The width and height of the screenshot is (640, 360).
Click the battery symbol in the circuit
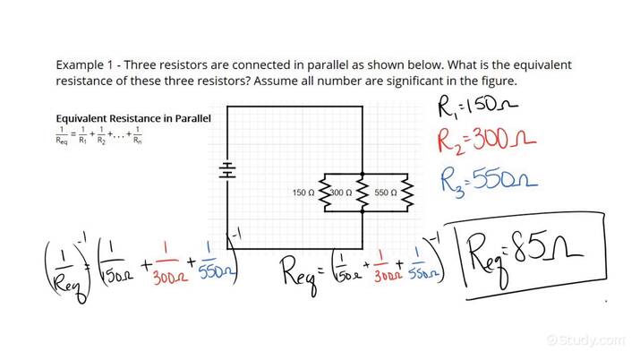(227, 170)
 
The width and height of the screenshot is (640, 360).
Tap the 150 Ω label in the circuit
(304, 193)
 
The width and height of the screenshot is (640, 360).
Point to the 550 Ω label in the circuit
(387, 193)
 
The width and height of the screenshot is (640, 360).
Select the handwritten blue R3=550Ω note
(489, 181)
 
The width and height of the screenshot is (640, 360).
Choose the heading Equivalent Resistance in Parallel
(133, 118)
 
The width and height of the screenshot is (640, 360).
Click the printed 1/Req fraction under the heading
(64, 137)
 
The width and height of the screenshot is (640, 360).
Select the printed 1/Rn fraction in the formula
(137, 137)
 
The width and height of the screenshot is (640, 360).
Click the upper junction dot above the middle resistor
(361, 174)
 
